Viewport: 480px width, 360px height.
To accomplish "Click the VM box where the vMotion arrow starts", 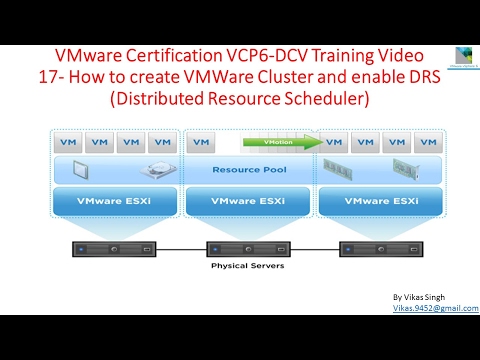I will pos(201,142).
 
